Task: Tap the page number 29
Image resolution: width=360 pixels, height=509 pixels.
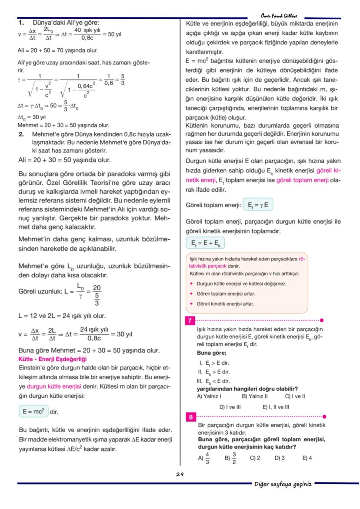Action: [180, 474]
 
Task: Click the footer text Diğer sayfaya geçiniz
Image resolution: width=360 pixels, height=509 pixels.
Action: [283, 484]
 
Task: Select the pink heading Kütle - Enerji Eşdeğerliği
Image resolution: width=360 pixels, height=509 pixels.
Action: [53, 359]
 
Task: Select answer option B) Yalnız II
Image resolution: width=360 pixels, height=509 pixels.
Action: [254, 396]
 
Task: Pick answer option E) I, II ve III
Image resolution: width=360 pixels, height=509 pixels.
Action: [276, 407]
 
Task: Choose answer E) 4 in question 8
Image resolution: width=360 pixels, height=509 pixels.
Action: [307, 458]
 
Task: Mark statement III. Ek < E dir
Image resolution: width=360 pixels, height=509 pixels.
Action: [213, 381]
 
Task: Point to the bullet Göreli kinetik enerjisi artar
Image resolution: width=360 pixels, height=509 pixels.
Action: [225, 304]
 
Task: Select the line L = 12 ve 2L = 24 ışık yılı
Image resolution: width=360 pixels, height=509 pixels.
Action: [56, 316]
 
